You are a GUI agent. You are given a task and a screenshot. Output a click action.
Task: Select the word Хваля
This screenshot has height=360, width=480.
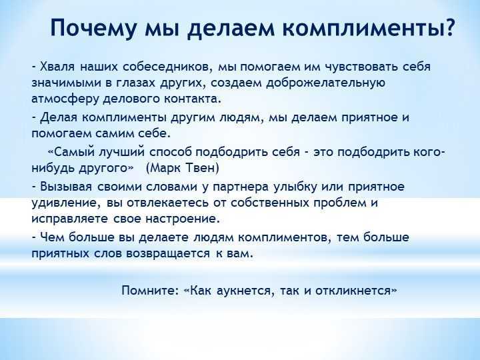click(57, 67)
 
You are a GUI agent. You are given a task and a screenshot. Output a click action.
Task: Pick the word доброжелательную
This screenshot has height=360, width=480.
click(326, 83)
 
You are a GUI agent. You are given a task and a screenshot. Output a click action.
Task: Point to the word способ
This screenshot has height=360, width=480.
click(171, 152)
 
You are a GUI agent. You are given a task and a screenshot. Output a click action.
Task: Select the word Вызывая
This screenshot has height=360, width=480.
click(66, 187)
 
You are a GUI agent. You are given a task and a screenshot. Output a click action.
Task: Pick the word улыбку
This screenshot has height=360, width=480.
click(295, 187)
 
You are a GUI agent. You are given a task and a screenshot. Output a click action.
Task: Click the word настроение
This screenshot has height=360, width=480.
click(183, 219)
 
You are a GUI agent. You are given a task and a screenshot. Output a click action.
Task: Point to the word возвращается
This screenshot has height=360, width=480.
click(169, 254)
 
